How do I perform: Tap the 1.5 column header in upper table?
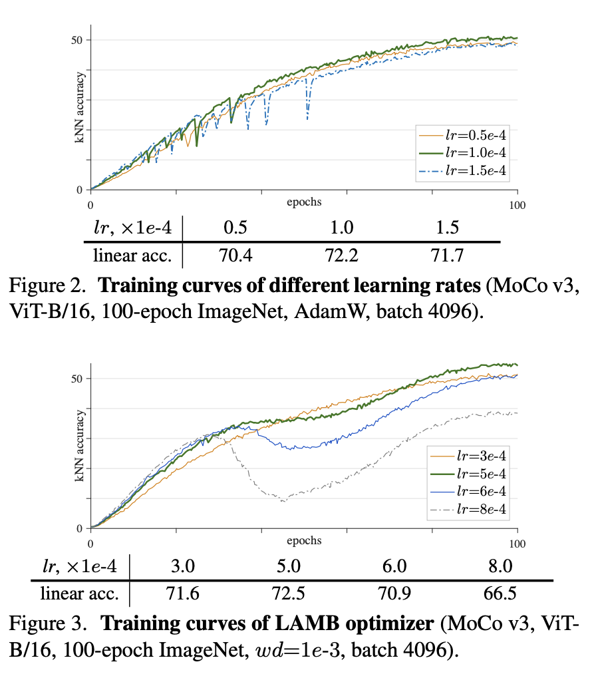pyautogui.click(x=447, y=228)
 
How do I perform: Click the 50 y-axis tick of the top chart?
pyautogui.click(x=78, y=40)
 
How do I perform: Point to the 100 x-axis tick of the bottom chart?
pyautogui.click(x=517, y=544)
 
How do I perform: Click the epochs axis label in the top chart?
pyautogui.click(x=304, y=200)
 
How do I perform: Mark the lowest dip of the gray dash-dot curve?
pyautogui.click(x=284, y=500)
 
